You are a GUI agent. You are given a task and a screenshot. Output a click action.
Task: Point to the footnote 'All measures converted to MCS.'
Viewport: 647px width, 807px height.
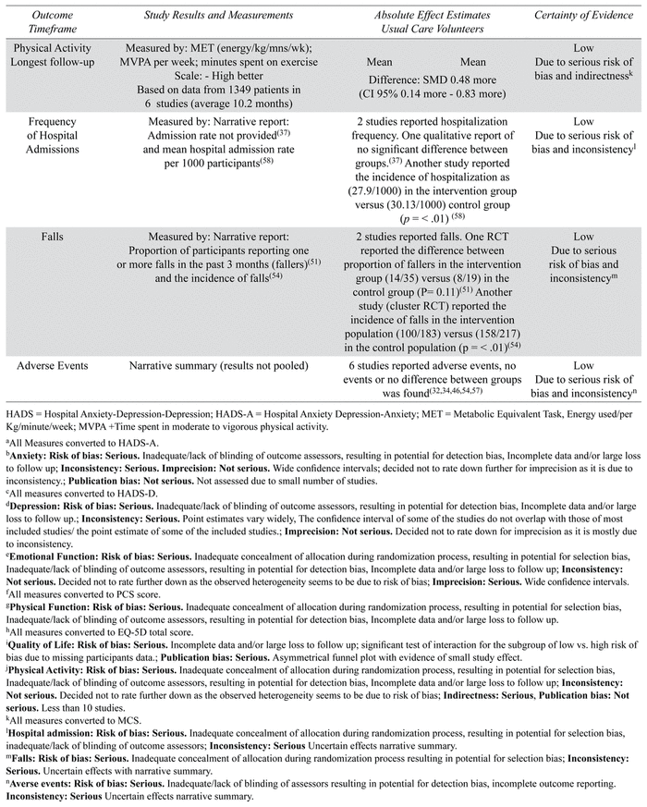click(60, 717)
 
